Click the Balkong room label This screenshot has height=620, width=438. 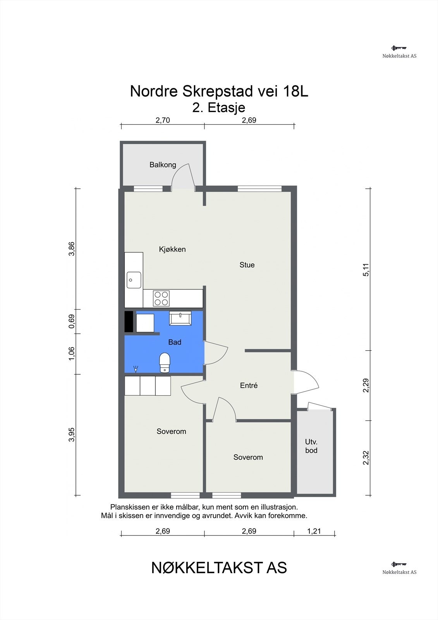pos(163,165)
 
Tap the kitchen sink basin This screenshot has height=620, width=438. pos(134,280)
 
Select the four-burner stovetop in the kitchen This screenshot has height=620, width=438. pos(161,298)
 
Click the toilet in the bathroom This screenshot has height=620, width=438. pos(165,363)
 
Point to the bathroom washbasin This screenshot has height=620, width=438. pos(180,318)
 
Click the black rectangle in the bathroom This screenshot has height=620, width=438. pos(129,322)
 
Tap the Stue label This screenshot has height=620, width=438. pos(247,265)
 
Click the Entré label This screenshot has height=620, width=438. pos(249,386)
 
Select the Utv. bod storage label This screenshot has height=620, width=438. pos(311,446)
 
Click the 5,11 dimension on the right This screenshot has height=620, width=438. pos(366,270)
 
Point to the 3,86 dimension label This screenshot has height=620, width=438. pos(71,249)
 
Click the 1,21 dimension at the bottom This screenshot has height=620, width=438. pos(314,531)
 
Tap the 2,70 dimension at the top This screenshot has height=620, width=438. pos(163,120)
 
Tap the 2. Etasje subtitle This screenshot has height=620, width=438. pos(219,108)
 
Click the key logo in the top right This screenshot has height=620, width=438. pos(399,48)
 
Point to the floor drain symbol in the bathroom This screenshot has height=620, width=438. pos(136,369)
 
